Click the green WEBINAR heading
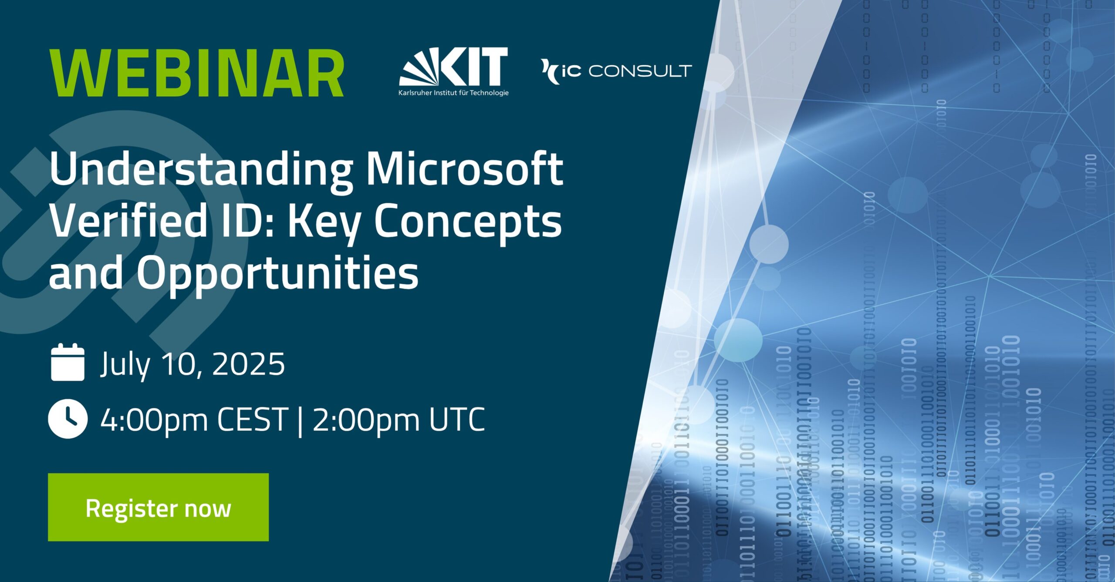tap(197, 73)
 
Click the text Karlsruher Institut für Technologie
tap(453, 93)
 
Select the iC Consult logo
tap(616, 71)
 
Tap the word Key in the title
tap(324, 223)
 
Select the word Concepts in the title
tap(468, 223)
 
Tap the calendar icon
tap(68, 362)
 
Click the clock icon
tap(68, 419)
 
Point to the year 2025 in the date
tap(248, 363)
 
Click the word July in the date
tap(125, 365)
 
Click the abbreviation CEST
tap(253, 419)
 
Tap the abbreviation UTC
tap(457, 419)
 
